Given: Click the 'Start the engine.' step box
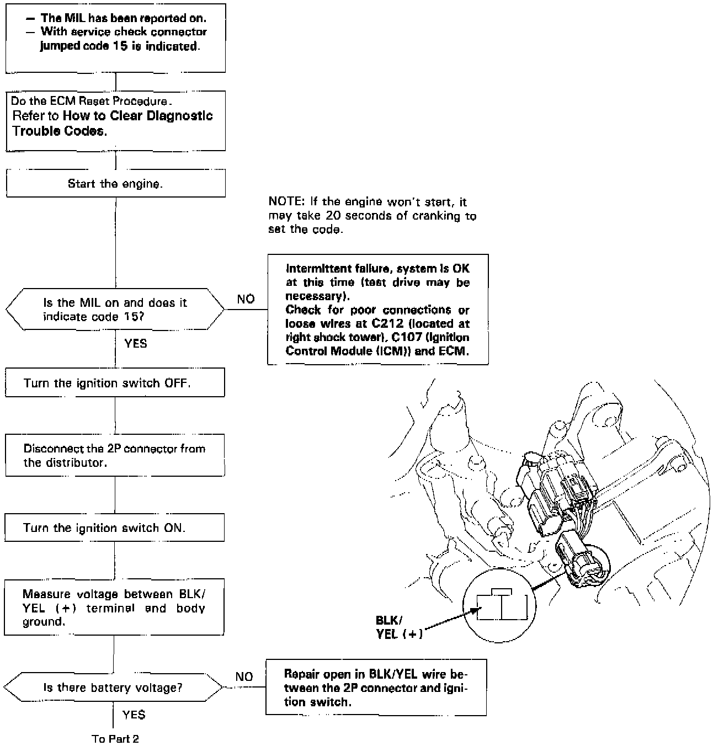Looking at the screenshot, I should click(x=115, y=184).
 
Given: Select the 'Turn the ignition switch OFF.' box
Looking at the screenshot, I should click(x=115, y=383).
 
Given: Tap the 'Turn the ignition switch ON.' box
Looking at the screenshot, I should click(x=115, y=528).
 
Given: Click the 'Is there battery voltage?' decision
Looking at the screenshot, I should click(x=113, y=688).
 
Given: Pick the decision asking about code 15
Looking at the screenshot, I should click(x=115, y=310).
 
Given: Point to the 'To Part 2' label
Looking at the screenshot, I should click(x=115, y=739).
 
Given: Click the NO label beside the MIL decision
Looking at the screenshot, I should click(x=246, y=299).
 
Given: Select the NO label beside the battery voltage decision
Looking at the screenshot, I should click(x=244, y=677).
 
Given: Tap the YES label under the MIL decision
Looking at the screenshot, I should click(x=136, y=344).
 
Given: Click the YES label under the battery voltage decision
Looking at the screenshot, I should click(x=134, y=715).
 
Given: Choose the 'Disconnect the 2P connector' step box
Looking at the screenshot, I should click(x=115, y=456).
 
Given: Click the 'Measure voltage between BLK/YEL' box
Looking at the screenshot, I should click(x=114, y=608).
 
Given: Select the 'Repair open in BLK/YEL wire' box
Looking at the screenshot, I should click(x=376, y=688).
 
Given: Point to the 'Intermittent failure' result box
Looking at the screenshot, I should click(x=377, y=310).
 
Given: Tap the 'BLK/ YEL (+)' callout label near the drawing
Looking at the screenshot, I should click(x=399, y=627).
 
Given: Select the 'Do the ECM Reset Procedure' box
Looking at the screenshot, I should click(x=115, y=121).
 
